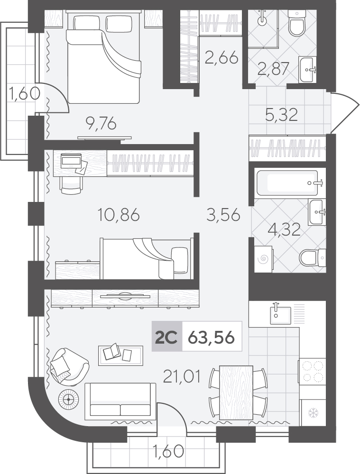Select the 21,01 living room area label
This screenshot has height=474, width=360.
click(182, 377)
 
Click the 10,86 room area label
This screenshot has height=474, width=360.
click(119, 215)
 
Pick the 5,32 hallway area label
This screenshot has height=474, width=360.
click(281, 115)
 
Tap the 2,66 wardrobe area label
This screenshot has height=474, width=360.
click(222, 58)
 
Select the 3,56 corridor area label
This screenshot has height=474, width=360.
click(223, 215)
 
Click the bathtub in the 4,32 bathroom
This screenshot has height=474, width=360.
click(287, 183)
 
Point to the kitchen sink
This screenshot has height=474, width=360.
click(280, 315)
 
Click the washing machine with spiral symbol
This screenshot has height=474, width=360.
click(264, 259)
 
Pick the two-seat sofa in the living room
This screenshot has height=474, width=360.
click(120, 401)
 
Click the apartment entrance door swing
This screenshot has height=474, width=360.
click(345, 112)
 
